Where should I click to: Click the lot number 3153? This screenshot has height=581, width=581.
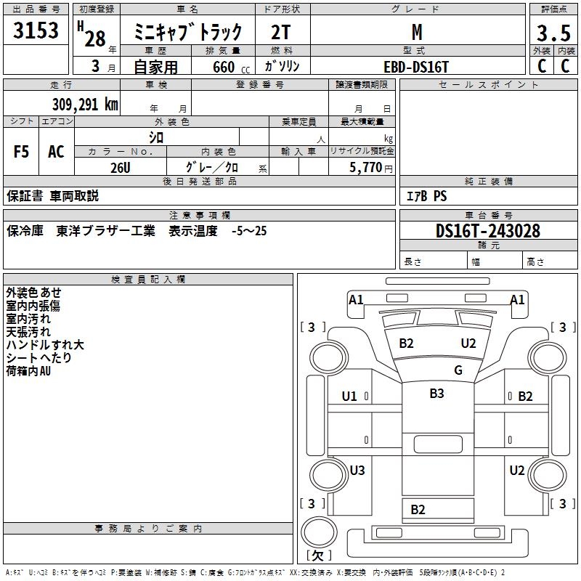point(36,31)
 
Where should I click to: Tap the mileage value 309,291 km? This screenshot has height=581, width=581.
point(85,105)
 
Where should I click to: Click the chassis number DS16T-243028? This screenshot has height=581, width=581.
point(488,231)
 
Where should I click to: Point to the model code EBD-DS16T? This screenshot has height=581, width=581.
point(416,66)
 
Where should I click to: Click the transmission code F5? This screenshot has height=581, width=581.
point(22,153)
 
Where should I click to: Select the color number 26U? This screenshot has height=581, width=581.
point(121,167)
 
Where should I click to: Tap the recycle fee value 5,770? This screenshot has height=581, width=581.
point(367,167)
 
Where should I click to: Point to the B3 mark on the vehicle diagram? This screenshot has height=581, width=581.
point(436,394)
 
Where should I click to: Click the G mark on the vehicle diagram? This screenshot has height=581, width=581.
point(458,370)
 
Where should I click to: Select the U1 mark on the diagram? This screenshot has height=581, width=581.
point(349,397)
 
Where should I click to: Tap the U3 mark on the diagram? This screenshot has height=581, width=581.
point(357,470)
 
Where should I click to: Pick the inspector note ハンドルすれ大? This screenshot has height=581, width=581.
point(45,345)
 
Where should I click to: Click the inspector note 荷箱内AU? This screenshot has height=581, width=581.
point(28,371)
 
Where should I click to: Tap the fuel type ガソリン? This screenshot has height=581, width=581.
point(283,66)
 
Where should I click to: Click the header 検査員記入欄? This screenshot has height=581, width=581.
point(148,280)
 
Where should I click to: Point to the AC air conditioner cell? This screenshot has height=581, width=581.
point(56,153)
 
